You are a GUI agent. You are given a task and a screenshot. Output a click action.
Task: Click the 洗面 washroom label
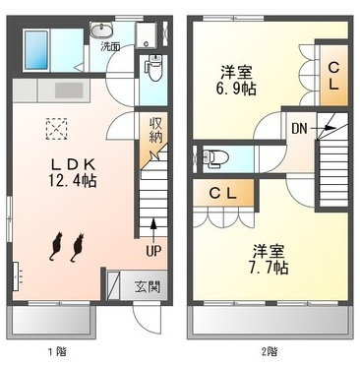[109, 46]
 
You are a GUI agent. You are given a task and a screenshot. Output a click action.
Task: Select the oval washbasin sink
[102, 30]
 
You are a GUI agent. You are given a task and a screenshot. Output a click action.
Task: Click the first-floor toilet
[153, 69]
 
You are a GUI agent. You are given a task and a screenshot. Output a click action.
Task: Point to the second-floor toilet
[215, 156]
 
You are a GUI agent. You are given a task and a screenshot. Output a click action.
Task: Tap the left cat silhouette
[55, 248]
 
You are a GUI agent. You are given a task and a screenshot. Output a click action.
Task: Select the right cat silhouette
[76, 248]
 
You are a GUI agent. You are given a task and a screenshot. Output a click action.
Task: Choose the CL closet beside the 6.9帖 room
[333, 76]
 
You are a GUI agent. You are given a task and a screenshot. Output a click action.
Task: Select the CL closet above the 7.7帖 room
[225, 194]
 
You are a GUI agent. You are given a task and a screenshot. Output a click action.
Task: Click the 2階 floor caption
[268, 350]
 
